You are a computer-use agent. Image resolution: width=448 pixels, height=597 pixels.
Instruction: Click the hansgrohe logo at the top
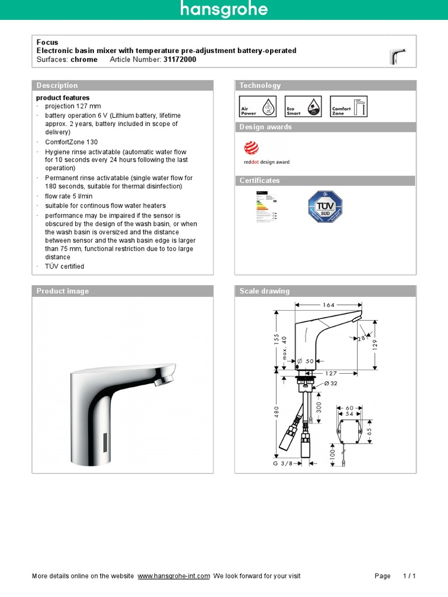[224, 10]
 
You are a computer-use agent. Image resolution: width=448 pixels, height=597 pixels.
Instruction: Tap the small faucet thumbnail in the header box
[397, 57]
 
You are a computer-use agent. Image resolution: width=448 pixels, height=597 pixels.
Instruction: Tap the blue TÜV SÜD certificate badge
[325, 207]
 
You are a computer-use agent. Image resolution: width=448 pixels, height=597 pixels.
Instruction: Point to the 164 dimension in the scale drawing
[328, 304]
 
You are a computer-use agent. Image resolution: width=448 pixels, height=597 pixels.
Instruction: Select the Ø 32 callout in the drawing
[331, 384]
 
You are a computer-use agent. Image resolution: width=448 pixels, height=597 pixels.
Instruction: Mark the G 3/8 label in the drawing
[283, 463]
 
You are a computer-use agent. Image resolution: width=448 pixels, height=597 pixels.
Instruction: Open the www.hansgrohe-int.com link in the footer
[174, 576]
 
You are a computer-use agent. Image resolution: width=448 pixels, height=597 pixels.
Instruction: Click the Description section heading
[57, 86]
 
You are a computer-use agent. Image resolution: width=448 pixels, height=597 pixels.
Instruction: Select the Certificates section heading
[260, 181]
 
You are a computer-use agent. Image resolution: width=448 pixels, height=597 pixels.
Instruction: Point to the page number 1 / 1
[409, 576]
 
